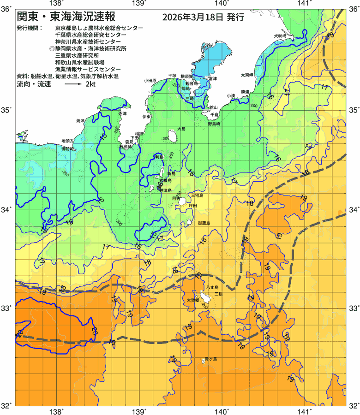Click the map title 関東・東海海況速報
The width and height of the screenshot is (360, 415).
click(x=63, y=17)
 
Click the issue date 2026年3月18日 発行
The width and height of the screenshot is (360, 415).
click(x=203, y=18)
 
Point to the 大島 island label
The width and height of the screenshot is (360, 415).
click(x=181, y=129)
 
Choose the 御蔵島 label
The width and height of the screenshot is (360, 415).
click(x=204, y=223)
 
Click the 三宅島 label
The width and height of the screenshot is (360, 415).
click(x=197, y=196)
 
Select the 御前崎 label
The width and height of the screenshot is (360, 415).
click(x=68, y=149)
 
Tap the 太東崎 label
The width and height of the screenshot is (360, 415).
click(x=247, y=75)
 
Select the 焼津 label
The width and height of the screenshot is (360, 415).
click(x=81, y=121)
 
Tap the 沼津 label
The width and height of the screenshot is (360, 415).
click(x=122, y=113)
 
